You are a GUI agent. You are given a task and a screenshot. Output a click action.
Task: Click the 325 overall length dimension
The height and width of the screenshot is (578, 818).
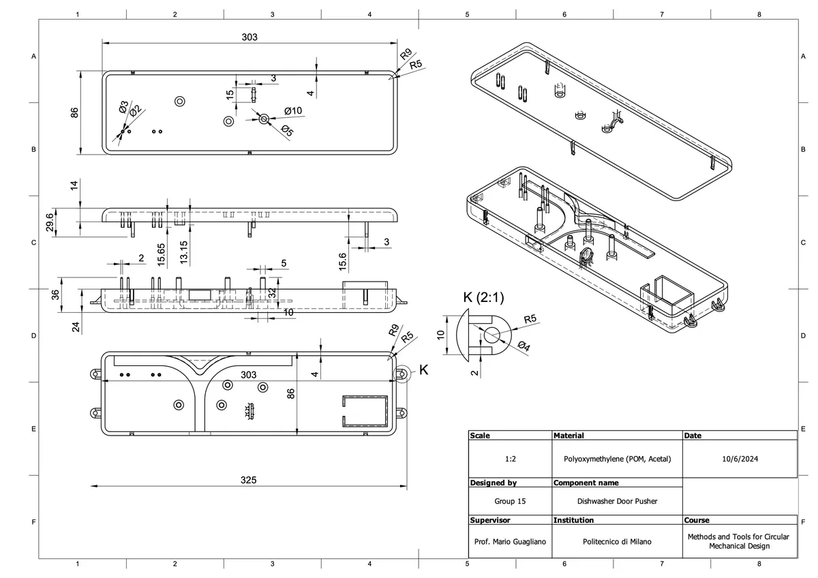point(249,480)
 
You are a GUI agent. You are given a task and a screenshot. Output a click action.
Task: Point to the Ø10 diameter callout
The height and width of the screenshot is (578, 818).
point(293,110)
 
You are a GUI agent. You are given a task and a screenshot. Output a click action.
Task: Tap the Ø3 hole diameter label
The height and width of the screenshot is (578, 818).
point(123,106)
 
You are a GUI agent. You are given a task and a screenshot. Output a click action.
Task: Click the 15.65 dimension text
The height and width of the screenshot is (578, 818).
point(161,254)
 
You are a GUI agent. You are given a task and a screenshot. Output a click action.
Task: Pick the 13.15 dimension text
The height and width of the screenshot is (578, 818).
point(183,252)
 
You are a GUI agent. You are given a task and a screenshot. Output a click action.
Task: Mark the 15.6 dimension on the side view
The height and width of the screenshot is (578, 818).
point(342,260)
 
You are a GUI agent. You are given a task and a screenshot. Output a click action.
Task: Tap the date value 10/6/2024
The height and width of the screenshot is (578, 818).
point(740,459)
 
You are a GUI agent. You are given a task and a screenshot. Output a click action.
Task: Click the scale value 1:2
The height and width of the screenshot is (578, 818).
point(510,459)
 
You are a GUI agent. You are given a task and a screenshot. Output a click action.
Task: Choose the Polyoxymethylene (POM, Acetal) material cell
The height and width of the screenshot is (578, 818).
point(617,459)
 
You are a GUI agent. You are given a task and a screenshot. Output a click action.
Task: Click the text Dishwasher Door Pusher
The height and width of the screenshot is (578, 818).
point(617,501)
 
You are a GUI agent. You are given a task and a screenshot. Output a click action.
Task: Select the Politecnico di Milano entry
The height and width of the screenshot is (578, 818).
point(617,542)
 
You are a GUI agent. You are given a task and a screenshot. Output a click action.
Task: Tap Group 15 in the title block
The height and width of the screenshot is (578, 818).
point(510,501)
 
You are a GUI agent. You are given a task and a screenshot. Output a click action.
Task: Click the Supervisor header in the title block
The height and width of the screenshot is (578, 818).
point(490,520)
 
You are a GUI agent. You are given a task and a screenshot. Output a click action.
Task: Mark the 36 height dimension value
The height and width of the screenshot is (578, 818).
point(56,294)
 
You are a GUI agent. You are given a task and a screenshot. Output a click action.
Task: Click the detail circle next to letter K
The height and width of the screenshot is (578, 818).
point(402,374)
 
